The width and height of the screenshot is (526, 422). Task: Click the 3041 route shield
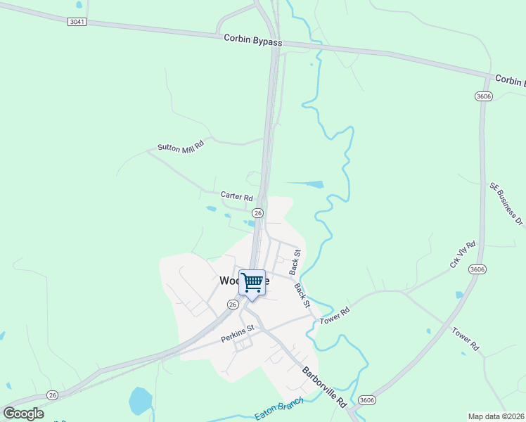tap(77, 22)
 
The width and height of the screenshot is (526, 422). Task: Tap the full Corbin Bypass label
tap(253, 42)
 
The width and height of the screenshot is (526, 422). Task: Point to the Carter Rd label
tap(236, 196)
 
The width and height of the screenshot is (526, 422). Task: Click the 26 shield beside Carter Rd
tap(258, 212)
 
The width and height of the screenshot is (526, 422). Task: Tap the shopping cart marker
tap(252, 282)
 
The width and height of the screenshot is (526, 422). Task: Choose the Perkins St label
tap(236, 338)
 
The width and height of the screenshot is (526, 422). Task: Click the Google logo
tap(23, 414)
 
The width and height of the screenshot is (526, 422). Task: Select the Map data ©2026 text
tap(496, 416)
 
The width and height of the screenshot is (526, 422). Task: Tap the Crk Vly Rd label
tap(462, 255)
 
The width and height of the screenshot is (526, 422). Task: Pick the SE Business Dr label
tap(506, 204)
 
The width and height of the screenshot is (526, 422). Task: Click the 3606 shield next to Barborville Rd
tap(366, 400)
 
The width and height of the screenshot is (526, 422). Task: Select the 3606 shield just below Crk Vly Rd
tap(478, 269)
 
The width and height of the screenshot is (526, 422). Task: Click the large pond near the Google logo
tap(141, 402)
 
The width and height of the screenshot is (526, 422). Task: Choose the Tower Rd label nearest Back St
tap(335, 314)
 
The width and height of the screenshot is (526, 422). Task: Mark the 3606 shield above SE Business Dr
tap(483, 96)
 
